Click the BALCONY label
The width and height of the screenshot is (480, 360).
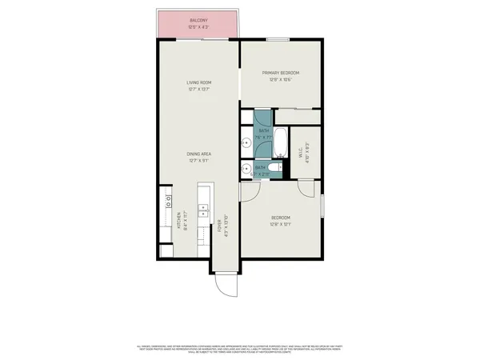(x=199, y=20)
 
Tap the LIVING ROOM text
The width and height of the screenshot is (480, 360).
(x=199, y=82)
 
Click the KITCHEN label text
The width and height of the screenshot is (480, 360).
(x=178, y=220)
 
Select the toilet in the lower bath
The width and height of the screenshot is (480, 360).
(x=273, y=168)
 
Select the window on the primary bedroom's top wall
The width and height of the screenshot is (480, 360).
(x=278, y=38)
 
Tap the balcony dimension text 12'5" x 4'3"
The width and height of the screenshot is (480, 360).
(x=199, y=27)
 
